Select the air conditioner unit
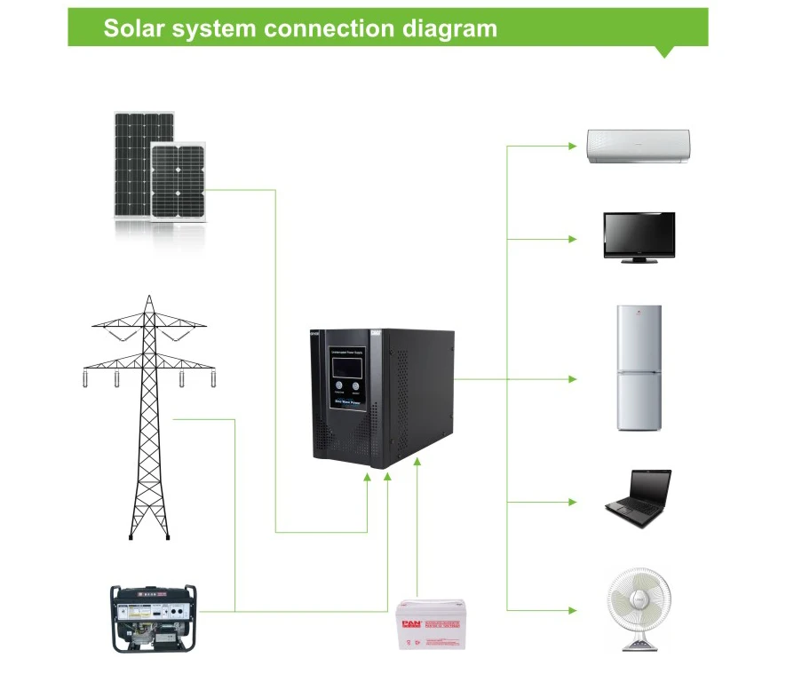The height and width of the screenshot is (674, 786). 638,146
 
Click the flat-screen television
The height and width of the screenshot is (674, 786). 639,235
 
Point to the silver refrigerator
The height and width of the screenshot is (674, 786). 639,368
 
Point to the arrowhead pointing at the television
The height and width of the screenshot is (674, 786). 572,239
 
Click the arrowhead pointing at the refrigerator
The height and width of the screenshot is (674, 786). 572,379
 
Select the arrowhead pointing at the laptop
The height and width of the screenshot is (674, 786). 572,502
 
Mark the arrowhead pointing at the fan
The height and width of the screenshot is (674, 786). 572,609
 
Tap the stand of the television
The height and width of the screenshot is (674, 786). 639,258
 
